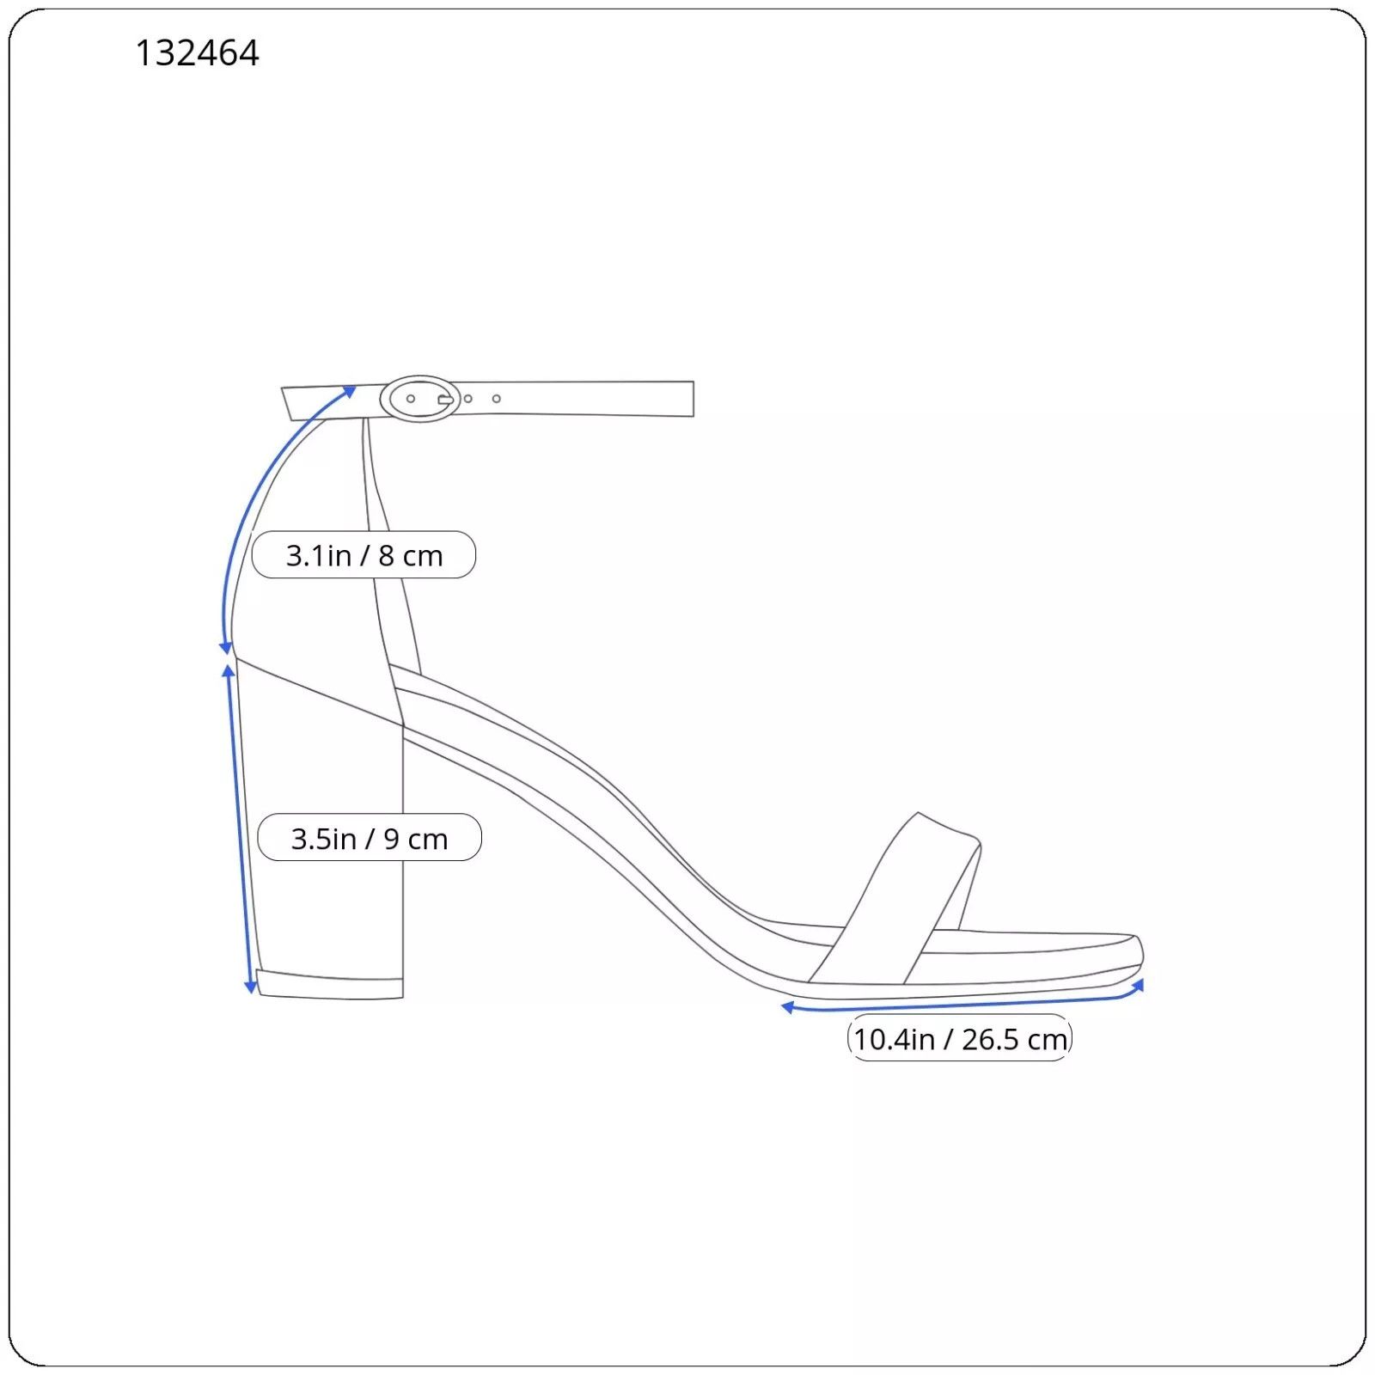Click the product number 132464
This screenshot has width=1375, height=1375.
click(x=197, y=53)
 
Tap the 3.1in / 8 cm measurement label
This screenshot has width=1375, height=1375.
click(x=364, y=555)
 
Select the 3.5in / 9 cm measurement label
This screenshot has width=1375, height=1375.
click(x=370, y=838)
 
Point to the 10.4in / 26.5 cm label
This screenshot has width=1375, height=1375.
click(x=960, y=1039)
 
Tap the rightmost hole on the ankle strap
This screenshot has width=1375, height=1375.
click(x=497, y=399)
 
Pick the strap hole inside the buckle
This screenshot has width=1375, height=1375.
click(x=411, y=399)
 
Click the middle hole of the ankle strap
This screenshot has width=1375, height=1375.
click(x=467, y=399)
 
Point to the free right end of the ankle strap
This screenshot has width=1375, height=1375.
click(x=693, y=399)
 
